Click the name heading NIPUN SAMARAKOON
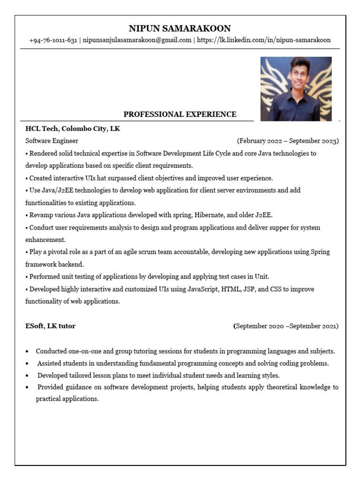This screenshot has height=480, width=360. coord(180,29)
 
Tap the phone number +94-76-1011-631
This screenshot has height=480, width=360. coord(53,40)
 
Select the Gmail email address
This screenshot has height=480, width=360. coord(137,40)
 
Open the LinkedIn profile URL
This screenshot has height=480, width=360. coord(263,40)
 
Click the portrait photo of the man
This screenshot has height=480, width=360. coord(296,89)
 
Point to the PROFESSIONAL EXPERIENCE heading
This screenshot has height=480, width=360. coord(180,114)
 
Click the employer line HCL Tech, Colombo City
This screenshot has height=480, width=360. coord(73,128)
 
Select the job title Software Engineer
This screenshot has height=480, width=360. coord(52,141)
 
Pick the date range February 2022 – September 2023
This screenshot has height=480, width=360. coord(288,141)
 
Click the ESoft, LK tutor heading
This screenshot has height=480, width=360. coord(50,326)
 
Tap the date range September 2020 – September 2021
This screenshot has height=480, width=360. coord(286,326)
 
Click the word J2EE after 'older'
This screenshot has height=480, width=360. coord(262,215)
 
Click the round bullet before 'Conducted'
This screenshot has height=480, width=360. coord(27,352)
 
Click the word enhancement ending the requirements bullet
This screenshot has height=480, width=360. coord(45,240)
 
